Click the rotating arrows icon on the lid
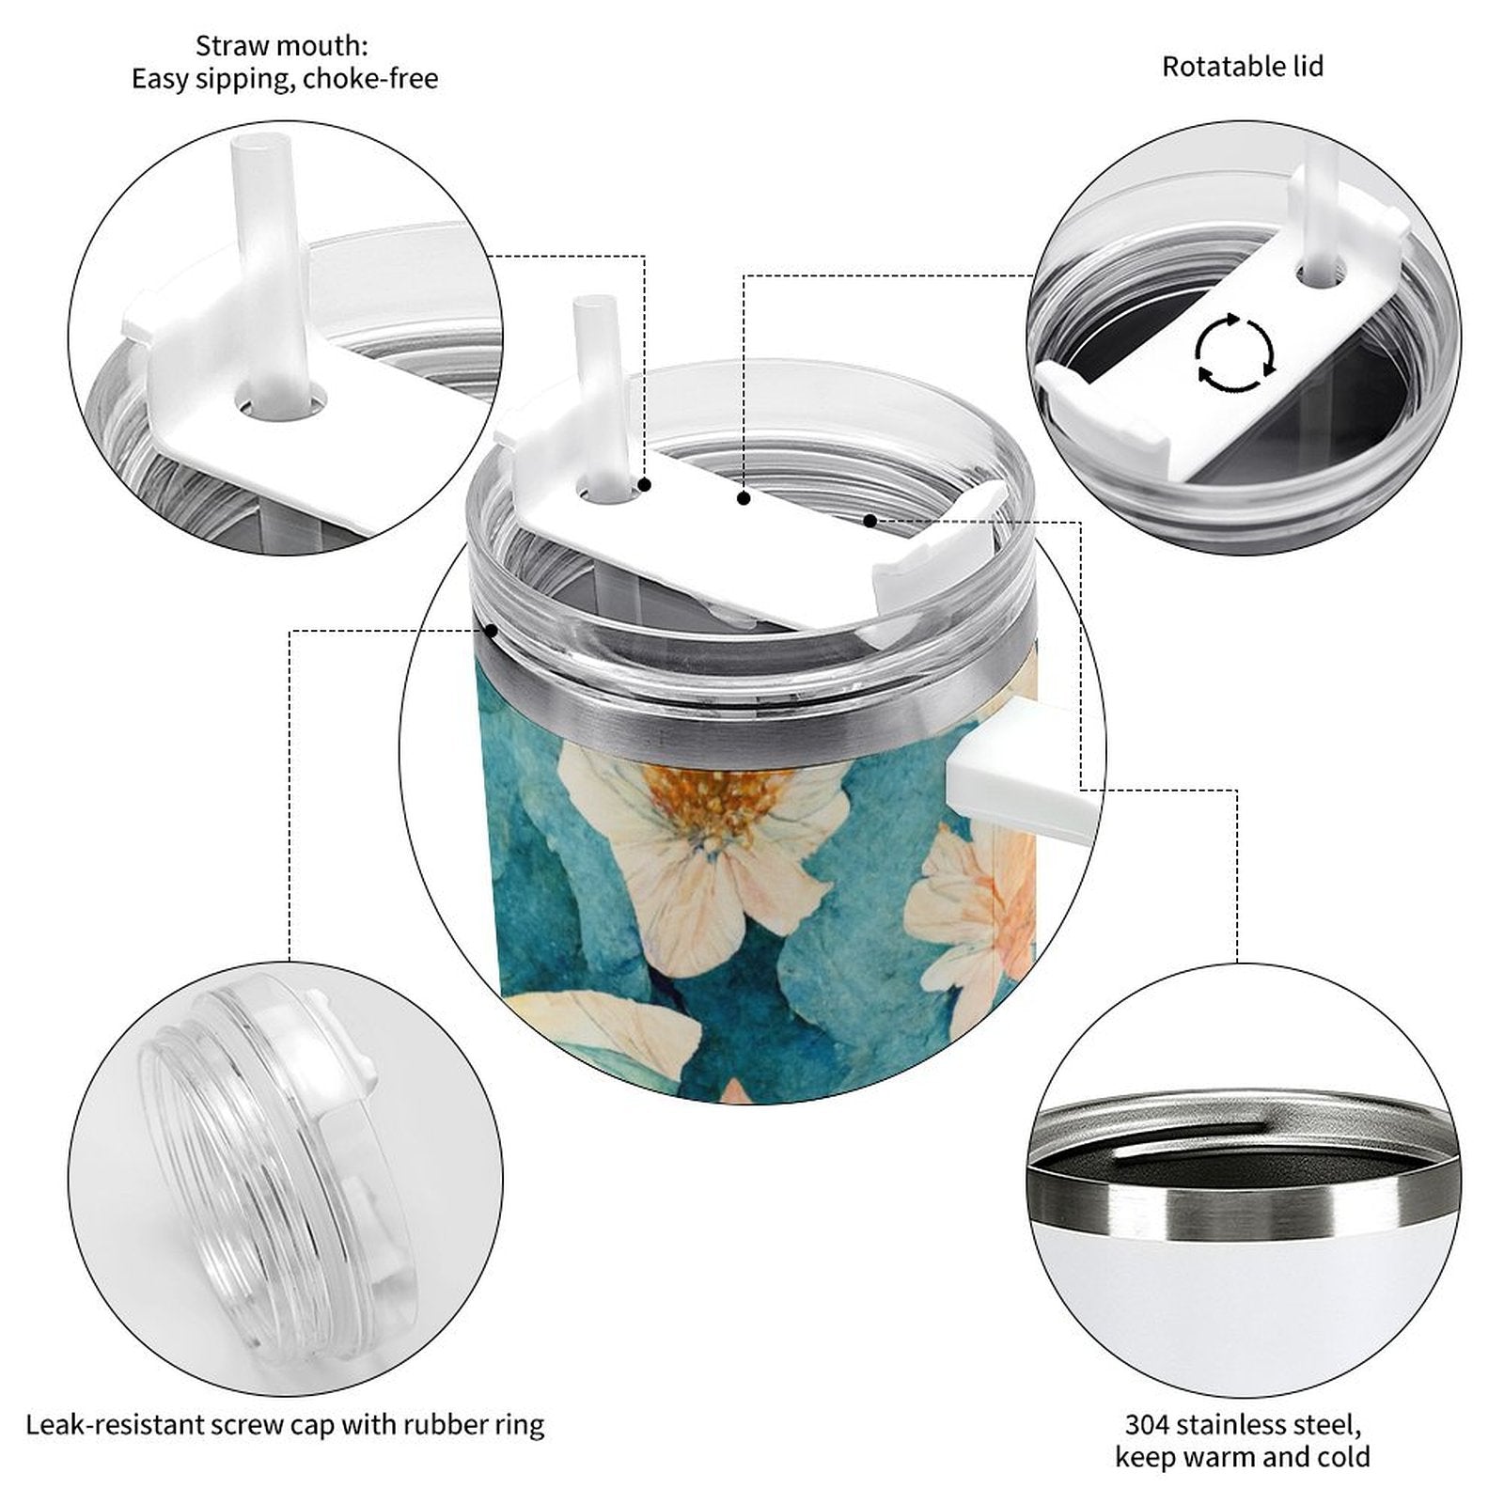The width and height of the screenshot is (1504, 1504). (x=1234, y=353)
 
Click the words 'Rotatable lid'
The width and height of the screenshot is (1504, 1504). (x=1243, y=67)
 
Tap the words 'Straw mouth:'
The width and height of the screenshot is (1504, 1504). (x=282, y=45)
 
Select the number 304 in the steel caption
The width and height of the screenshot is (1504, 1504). (x=1147, y=1424)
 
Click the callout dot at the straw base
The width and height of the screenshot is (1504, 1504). (x=645, y=485)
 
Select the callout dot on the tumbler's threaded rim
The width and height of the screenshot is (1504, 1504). (x=490, y=630)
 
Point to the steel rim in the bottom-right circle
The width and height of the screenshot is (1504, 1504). (x=1240, y=1198)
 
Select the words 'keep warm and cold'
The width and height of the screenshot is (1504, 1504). (x=1242, y=1457)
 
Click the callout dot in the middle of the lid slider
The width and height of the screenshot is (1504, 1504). (x=744, y=499)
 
